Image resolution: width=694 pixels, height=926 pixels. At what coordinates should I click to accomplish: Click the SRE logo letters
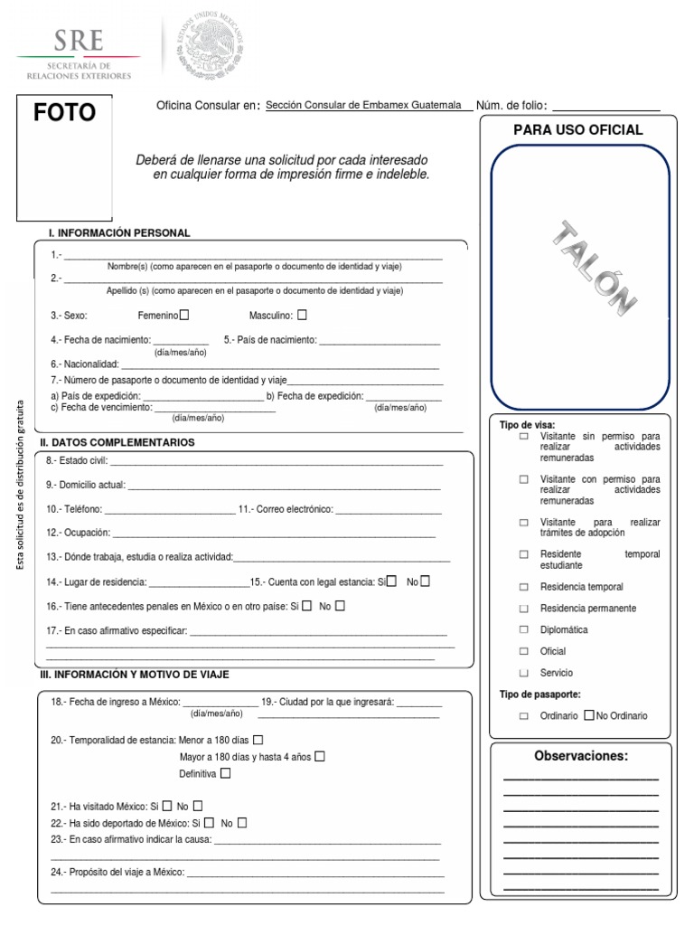click(x=79, y=41)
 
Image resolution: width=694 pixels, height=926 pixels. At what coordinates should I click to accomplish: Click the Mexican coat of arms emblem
click(x=210, y=43)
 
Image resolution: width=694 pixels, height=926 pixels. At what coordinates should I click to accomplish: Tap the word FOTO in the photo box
click(x=64, y=113)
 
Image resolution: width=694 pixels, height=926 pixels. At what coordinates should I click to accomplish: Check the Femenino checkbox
click(x=184, y=316)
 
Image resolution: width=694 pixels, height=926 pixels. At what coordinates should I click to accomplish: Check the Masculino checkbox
click(x=302, y=316)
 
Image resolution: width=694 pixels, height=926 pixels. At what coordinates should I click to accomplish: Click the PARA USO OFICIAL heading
click(x=578, y=130)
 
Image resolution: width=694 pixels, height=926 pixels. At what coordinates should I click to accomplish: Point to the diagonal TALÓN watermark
click(x=592, y=266)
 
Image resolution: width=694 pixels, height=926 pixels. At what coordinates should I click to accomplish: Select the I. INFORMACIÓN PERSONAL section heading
click(x=119, y=233)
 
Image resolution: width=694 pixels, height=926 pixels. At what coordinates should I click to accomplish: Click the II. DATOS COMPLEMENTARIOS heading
click(x=117, y=443)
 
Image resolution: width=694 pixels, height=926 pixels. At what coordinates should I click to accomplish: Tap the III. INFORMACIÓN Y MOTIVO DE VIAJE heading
click(x=135, y=675)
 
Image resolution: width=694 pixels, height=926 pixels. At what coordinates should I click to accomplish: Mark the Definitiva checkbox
click(x=225, y=773)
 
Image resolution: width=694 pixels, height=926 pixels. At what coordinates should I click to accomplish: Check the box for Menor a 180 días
click(x=258, y=740)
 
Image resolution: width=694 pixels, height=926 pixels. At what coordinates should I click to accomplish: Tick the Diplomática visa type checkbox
click(x=523, y=629)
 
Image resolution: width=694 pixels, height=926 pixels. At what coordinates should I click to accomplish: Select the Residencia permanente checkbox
click(x=523, y=609)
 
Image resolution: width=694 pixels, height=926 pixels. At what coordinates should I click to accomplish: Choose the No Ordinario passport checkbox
click(x=589, y=715)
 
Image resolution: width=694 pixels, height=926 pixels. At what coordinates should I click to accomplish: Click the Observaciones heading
click(x=580, y=756)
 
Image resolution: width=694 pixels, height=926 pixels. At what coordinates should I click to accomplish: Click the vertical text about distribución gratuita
click(x=22, y=484)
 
